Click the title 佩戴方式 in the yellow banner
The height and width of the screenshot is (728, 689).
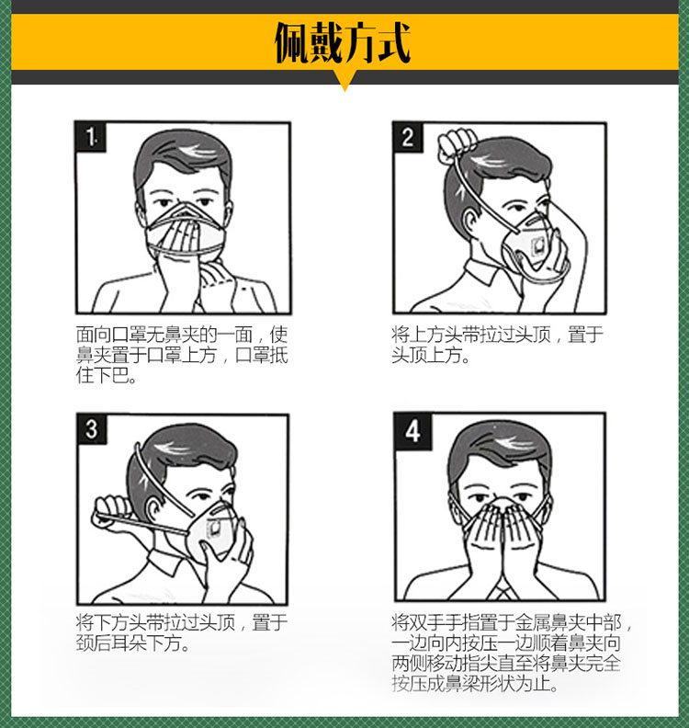click(343, 42)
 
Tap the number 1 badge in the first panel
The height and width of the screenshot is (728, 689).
click(90, 136)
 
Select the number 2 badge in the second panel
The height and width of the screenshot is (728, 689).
click(408, 137)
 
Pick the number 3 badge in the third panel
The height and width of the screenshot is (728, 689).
click(92, 428)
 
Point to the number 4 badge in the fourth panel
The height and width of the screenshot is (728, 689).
click(412, 431)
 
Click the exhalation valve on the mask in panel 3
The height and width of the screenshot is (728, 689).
click(215, 528)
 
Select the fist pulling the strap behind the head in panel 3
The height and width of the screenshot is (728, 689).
click(110, 513)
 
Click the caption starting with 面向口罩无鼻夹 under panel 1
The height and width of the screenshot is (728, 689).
click(182, 355)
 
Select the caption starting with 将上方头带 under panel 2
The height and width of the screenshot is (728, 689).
click(497, 345)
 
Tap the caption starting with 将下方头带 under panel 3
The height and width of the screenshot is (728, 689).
click(181, 632)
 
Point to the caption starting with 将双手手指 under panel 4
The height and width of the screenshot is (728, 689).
click(512, 653)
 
